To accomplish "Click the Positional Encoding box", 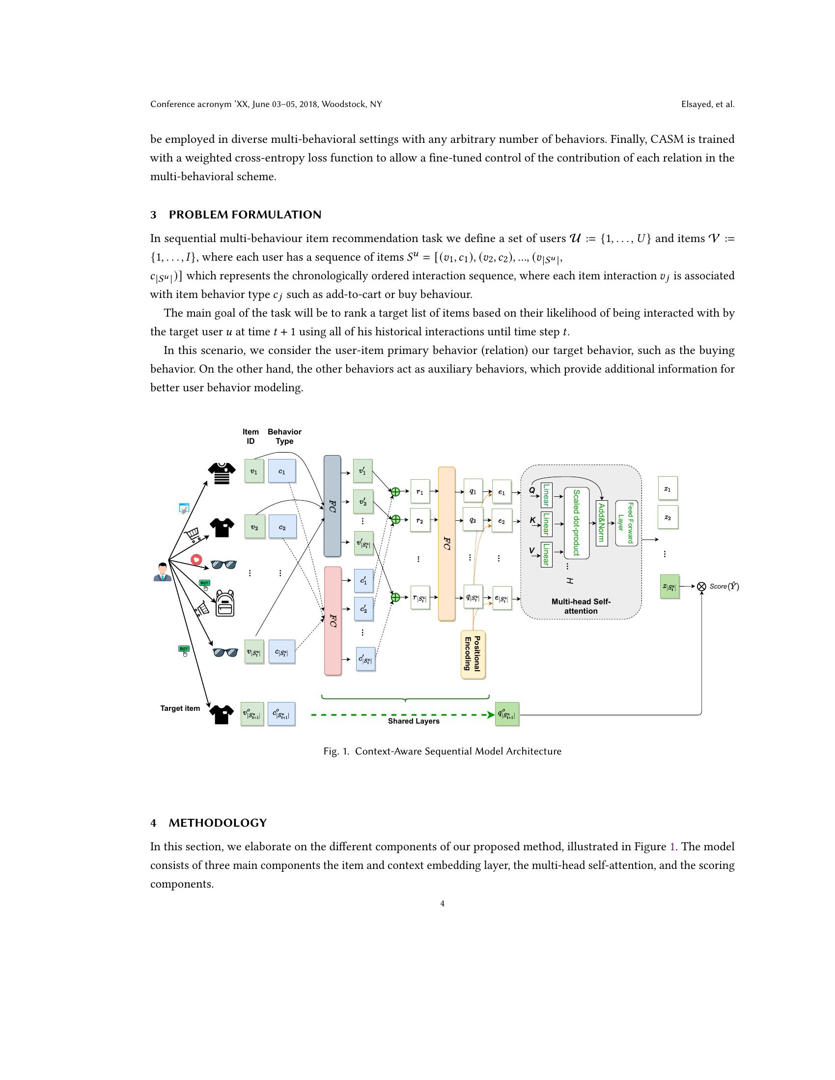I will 473,655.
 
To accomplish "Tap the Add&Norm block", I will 602,523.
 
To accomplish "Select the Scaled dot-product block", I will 576,523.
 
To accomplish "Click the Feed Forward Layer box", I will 626,523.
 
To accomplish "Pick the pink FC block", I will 333,621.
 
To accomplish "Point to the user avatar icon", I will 162,572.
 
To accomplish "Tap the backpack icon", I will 225,603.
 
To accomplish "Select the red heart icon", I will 196,559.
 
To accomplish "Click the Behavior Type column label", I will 284,436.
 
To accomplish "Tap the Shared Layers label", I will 414,721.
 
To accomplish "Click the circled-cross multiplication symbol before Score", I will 701,587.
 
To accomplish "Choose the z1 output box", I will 668,488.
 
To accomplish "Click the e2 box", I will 501,521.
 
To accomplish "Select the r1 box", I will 419,492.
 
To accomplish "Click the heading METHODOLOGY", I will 218,823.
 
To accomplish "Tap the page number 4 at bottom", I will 442,903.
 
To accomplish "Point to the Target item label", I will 180,708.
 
